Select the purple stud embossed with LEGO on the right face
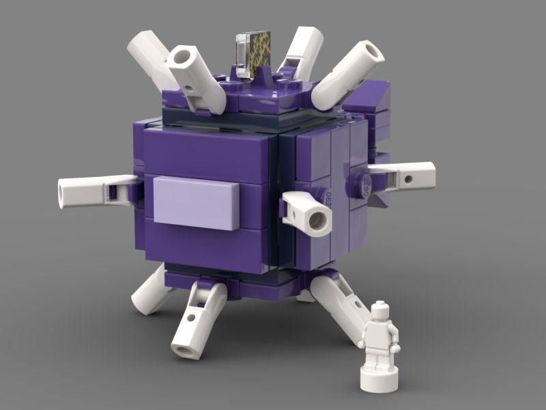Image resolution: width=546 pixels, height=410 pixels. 359,182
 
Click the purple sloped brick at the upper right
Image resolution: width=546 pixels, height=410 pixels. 369,96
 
